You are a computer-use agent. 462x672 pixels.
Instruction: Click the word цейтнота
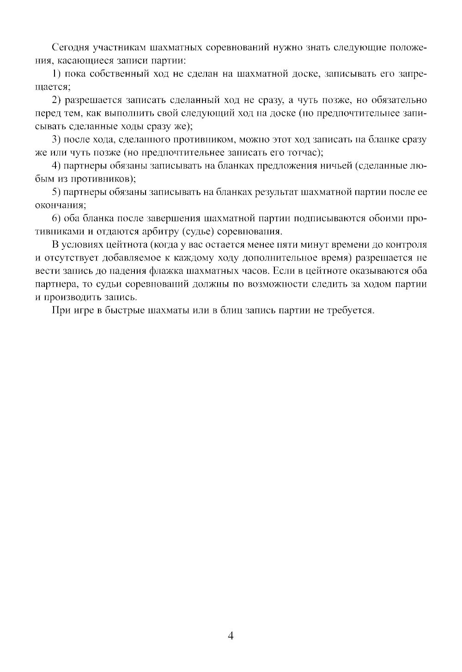120,244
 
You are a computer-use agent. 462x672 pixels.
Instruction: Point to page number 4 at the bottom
231,636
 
